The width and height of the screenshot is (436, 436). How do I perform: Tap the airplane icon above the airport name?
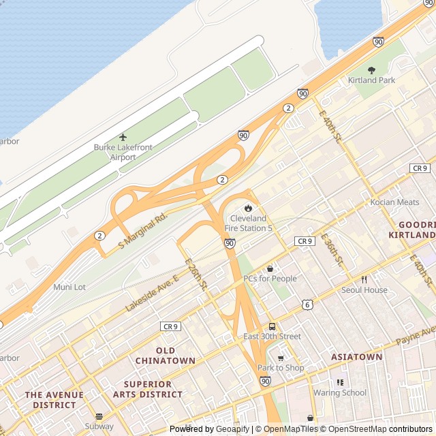point(123,138)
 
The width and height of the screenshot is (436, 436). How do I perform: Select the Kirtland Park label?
point(371,80)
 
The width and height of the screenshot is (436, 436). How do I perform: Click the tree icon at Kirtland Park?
point(371,70)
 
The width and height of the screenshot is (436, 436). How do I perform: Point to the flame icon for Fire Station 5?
point(248,208)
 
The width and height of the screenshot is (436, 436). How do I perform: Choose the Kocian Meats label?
point(394,202)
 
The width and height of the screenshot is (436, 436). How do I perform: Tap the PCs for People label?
point(270,279)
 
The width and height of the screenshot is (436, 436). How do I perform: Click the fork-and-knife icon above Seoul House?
point(364,279)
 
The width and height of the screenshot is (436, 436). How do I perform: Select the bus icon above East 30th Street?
point(272,326)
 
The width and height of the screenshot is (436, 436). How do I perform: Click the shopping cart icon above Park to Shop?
point(281,358)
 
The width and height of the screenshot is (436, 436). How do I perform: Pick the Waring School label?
point(339,392)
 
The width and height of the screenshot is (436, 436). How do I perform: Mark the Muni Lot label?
point(69,287)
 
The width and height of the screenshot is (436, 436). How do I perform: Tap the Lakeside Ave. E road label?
point(151,294)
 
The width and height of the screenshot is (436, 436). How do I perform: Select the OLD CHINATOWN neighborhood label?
point(165,355)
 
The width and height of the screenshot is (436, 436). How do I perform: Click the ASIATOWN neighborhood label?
point(356,356)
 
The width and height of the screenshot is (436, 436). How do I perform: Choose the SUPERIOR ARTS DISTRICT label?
point(148,389)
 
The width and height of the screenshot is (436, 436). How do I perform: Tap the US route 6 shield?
point(308,305)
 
